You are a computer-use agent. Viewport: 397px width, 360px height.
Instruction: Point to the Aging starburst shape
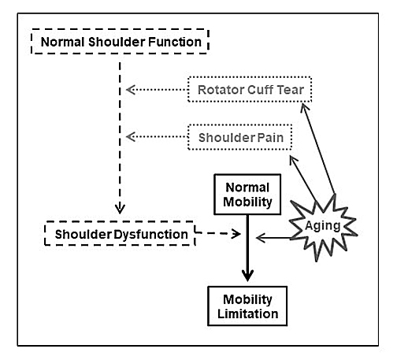[322, 226]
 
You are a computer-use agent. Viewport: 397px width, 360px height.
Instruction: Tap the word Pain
[270, 138]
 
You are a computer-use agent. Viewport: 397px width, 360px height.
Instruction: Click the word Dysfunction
[150, 235]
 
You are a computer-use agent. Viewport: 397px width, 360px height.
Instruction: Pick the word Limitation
[248, 314]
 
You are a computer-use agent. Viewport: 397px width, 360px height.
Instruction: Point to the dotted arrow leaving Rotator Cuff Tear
[157, 90]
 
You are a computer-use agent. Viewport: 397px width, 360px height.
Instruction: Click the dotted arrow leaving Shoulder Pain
[157, 136]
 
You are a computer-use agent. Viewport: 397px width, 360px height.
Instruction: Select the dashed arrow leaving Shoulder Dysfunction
[218, 233]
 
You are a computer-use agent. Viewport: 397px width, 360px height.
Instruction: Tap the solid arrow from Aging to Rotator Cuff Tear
[318, 149]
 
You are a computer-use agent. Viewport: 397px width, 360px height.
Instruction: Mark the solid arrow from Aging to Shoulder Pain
[303, 180]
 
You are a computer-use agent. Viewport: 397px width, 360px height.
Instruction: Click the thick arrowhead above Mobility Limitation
[247, 275]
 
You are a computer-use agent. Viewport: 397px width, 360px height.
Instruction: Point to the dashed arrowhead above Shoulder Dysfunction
[120, 208]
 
